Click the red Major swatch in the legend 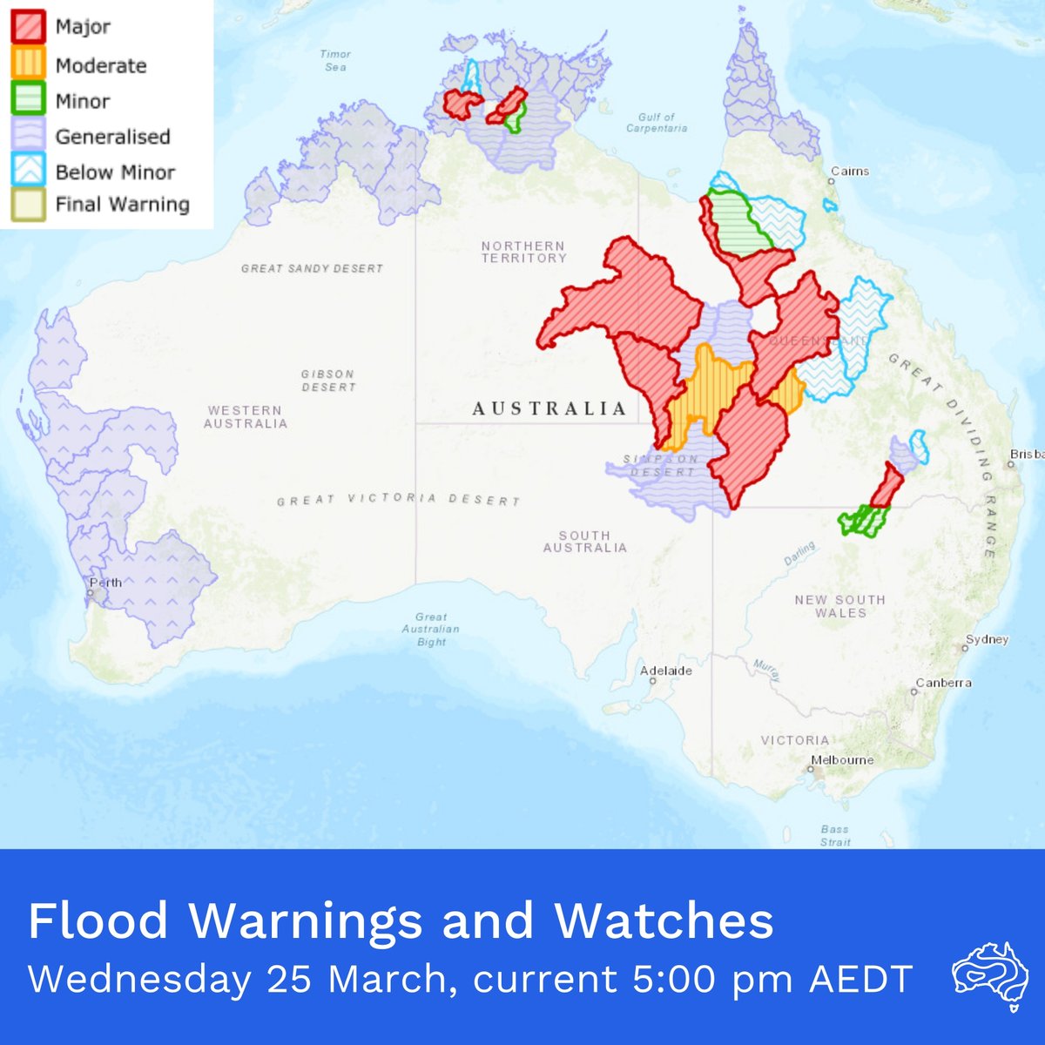[27, 27]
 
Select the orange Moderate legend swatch [27, 65]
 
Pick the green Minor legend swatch [27, 100]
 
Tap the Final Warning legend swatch [27, 205]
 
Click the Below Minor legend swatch [27, 171]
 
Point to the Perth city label [104, 583]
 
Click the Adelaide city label [666, 671]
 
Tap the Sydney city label [987, 639]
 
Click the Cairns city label [849, 171]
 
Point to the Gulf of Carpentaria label [657, 122]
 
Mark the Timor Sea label [335, 60]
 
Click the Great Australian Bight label [431, 629]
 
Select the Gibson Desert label [327, 380]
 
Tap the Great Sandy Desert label [312, 268]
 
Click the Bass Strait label [834, 835]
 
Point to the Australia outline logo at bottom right [986, 974]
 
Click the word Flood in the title [98, 920]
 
